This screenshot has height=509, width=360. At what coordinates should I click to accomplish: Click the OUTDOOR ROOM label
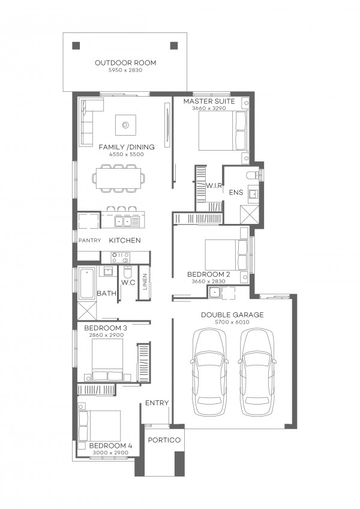125,62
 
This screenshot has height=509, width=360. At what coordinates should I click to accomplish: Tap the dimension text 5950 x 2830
125,70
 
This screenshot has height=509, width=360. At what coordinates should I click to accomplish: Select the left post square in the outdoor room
76,46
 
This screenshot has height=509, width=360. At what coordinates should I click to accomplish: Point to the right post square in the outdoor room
174,46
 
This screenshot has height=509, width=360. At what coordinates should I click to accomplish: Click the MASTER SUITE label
209,101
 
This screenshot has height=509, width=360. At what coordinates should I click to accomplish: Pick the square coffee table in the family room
125,125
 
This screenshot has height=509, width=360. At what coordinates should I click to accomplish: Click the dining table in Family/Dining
118,178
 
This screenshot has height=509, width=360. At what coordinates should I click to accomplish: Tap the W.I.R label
214,185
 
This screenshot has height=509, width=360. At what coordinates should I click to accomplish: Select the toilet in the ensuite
253,176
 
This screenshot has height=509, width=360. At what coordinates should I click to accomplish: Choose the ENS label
236,192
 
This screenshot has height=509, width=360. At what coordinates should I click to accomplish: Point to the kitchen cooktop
121,258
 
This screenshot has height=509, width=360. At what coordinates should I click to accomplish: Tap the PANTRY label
89,241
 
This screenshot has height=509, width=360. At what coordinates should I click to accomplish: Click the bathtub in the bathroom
88,283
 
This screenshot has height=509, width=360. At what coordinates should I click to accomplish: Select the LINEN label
145,282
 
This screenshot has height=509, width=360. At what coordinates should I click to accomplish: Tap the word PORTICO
164,440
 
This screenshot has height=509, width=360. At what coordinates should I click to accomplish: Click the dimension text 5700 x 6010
232,322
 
